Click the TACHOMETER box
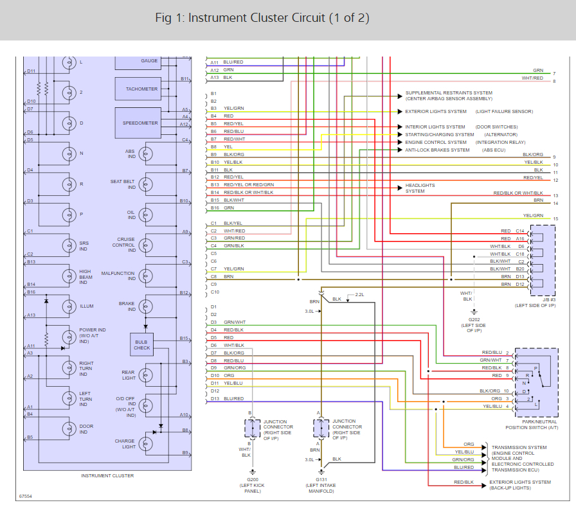(138, 89)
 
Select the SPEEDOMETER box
(138, 123)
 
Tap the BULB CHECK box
(142, 344)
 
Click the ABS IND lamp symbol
(146, 154)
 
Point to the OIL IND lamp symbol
(146, 215)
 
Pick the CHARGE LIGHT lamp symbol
(146, 444)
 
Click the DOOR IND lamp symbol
(69, 428)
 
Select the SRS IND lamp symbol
(69, 245)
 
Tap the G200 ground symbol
(253, 472)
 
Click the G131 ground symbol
(321, 472)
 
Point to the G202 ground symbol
(474, 312)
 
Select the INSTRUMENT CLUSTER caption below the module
(107, 475)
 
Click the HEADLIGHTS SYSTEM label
(420, 188)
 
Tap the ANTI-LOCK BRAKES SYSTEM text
(437, 150)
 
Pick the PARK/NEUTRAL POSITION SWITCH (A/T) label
(532, 425)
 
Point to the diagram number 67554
(26, 496)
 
